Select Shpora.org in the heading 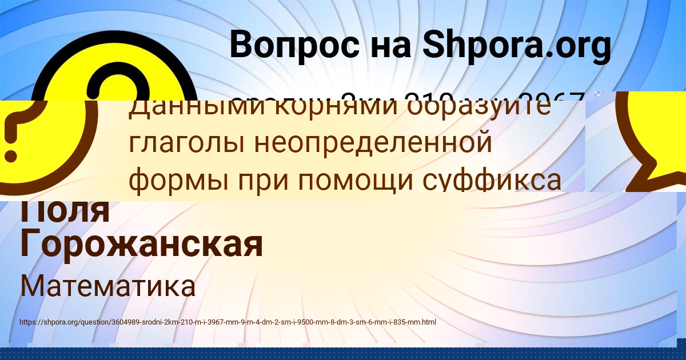(x=516, y=46)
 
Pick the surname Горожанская (x=141, y=245)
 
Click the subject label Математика (x=107, y=286)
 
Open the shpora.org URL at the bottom (x=228, y=322)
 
